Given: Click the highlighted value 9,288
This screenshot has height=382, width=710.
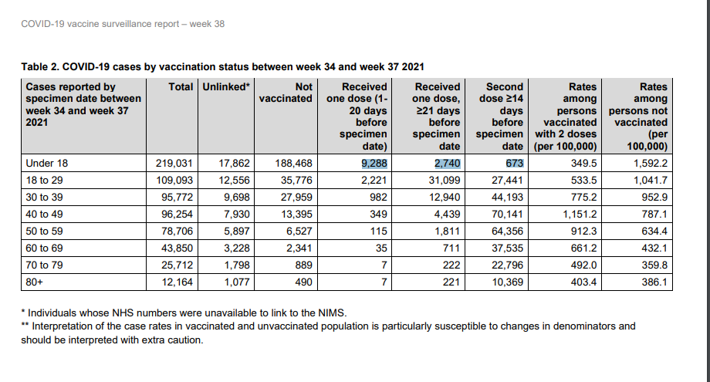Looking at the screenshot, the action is [x=374, y=164].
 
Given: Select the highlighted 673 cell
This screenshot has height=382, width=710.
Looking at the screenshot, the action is [x=515, y=164].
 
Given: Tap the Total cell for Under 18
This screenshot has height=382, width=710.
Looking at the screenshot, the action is [x=174, y=164].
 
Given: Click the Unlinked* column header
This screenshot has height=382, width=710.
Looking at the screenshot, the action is [x=226, y=87].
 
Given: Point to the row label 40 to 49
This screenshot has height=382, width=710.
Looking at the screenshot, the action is [x=45, y=214].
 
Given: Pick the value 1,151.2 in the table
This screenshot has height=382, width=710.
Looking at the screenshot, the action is [x=580, y=214].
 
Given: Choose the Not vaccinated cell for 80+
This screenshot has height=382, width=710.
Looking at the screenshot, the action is [x=303, y=282].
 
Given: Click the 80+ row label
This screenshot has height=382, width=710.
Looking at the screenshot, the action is [x=35, y=282].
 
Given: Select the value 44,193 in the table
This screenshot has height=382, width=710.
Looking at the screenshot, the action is [x=507, y=198].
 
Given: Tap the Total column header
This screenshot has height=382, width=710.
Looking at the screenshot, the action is [x=181, y=87].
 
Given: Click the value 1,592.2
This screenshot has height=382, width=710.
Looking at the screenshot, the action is [x=651, y=164].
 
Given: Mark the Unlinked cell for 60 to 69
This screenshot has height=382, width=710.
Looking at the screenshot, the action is [x=237, y=248].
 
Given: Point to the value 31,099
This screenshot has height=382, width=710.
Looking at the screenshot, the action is [x=445, y=180].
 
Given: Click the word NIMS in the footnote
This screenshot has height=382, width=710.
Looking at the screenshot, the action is [x=331, y=313].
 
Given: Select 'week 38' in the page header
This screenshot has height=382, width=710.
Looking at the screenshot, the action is [x=207, y=24].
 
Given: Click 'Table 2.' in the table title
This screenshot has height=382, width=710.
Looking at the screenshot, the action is [x=40, y=67].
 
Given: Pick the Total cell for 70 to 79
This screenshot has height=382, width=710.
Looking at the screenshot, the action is [x=177, y=265].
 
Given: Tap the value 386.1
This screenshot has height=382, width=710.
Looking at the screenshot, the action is [x=654, y=282].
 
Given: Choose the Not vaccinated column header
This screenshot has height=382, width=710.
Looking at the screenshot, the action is [x=286, y=93].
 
